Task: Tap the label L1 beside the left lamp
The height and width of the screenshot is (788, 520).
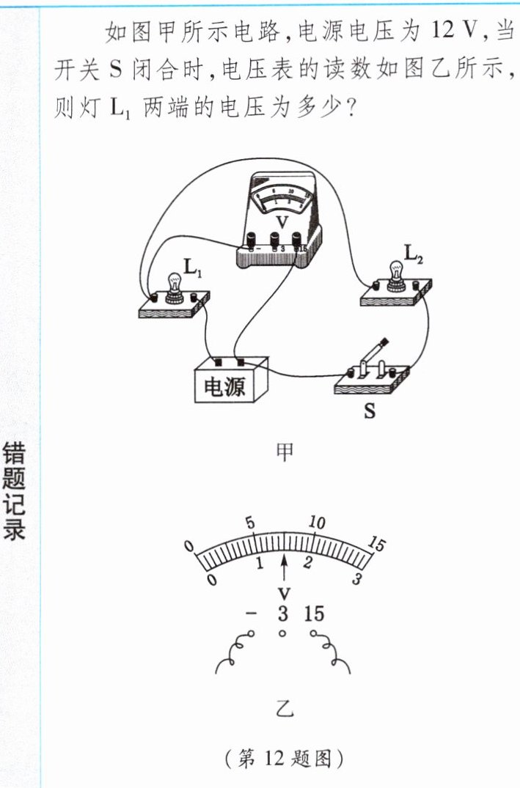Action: click(x=194, y=269)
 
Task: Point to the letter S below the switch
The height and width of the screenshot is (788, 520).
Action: click(x=370, y=411)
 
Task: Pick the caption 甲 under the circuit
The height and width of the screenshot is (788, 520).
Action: click(x=284, y=452)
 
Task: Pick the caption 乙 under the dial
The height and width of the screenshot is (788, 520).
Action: click(x=284, y=708)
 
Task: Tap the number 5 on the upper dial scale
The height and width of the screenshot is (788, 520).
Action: click(x=250, y=523)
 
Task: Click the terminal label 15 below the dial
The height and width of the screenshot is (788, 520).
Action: click(x=313, y=614)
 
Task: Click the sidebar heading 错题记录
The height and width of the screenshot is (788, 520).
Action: click(x=15, y=490)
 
